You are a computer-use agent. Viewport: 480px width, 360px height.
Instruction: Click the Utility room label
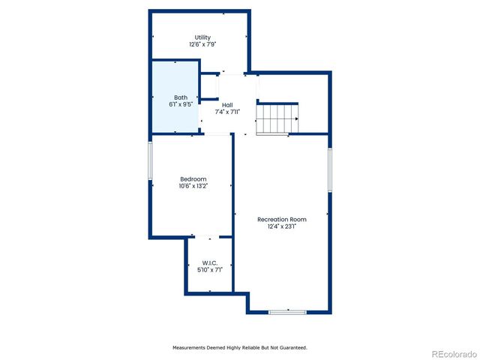(202, 37)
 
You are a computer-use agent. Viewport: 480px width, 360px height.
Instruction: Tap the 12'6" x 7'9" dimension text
(202, 45)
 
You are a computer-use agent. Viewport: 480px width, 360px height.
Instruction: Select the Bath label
(181, 97)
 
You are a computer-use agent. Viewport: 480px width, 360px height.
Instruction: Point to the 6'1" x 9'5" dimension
(181, 105)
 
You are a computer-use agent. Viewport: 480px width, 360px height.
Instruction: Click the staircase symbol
(277, 119)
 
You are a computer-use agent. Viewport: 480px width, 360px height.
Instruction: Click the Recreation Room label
(282, 219)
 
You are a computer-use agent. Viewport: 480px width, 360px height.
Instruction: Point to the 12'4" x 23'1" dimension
(282, 226)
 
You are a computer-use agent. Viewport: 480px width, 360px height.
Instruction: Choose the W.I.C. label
(208, 262)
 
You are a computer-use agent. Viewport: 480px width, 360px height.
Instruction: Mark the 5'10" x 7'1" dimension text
(208, 270)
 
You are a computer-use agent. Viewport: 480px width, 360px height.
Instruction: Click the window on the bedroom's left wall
(150, 160)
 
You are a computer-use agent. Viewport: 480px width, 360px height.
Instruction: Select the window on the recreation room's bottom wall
(287, 312)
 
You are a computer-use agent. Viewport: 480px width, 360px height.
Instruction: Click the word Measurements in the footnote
(192, 348)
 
